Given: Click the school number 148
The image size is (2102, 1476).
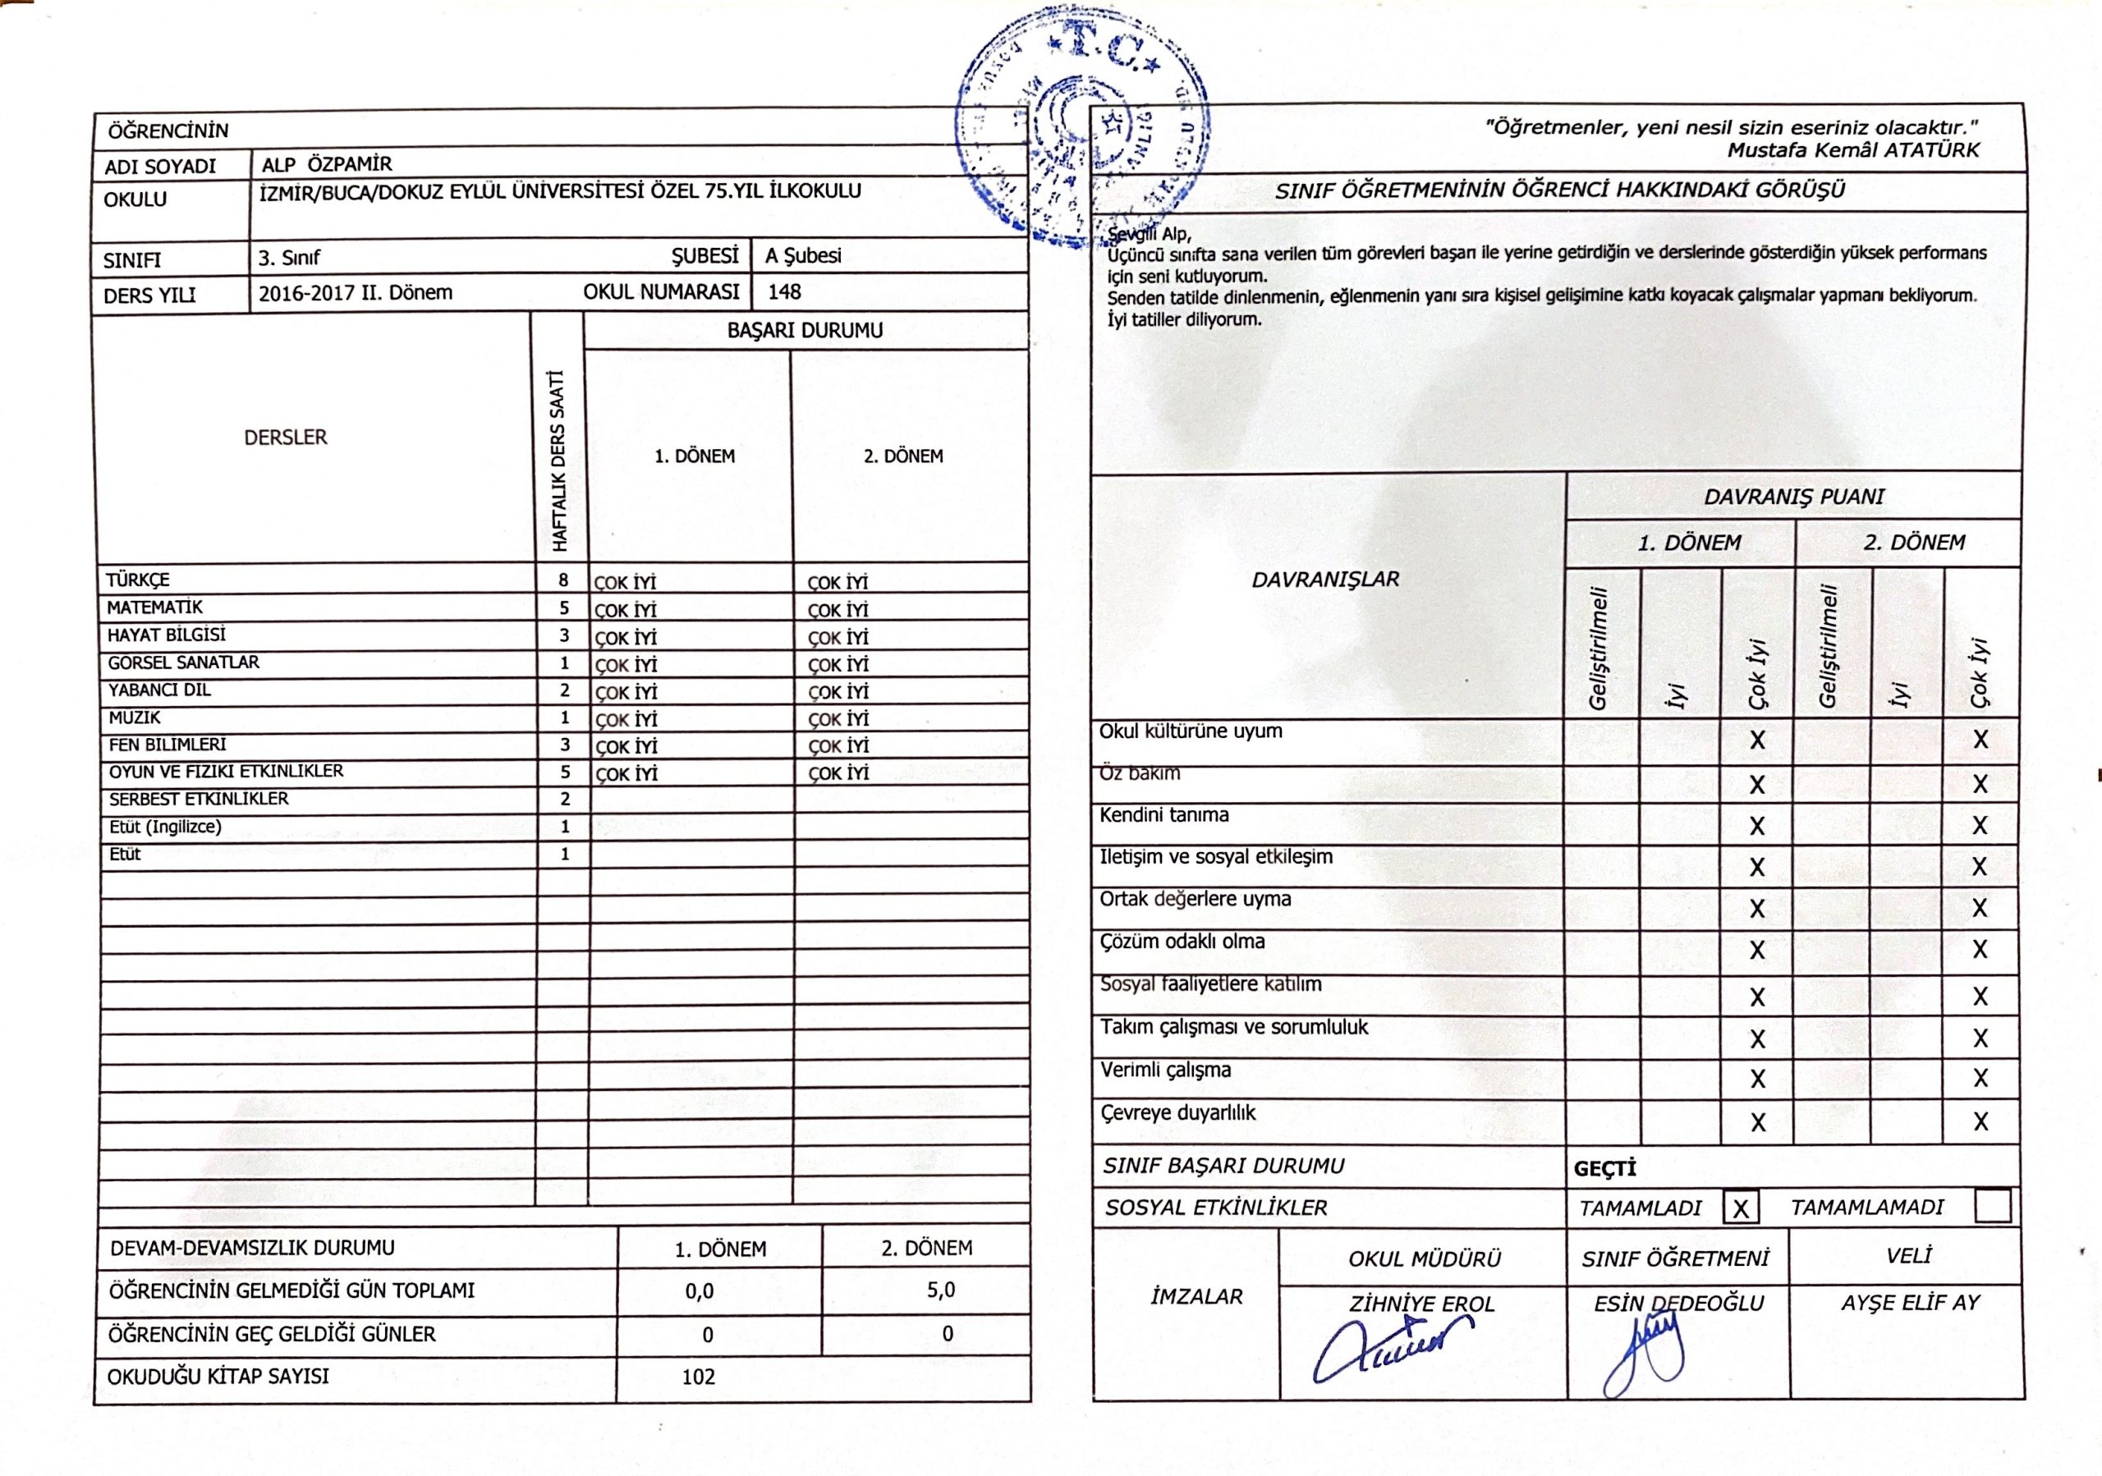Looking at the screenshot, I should pyautogui.click(x=785, y=292).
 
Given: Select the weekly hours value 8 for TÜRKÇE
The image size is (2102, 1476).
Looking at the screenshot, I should pyautogui.click(x=564, y=580).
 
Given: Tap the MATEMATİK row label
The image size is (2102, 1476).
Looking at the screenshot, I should pyautogui.click(x=154, y=607).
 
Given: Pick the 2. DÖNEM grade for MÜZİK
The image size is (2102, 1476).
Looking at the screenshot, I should pyautogui.click(x=838, y=719).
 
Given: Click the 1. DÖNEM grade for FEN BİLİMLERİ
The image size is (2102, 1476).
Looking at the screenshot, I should pyautogui.click(x=626, y=747).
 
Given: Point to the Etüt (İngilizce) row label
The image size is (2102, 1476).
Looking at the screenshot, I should pyautogui.click(x=165, y=827).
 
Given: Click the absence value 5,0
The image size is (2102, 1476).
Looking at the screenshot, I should pyautogui.click(x=940, y=1290).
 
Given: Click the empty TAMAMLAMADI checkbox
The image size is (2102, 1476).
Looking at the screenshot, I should pyautogui.click(x=1992, y=1206).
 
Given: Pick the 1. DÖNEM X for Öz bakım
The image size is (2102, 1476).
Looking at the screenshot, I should pyautogui.click(x=1757, y=785).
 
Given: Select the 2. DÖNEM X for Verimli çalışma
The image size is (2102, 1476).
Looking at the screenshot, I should pyautogui.click(x=1980, y=1079).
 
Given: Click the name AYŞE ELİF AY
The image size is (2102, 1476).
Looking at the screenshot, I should pyautogui.click(x=1910, y=1302).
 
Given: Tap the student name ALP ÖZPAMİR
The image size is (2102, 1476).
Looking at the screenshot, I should pyautogui.click(x=327, y=165).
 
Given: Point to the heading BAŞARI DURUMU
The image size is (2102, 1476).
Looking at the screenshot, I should pyautogui.click(x=805, y=330).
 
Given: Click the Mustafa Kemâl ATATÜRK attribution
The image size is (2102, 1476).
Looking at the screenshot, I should pyautogui.click(x=1853, y=150).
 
